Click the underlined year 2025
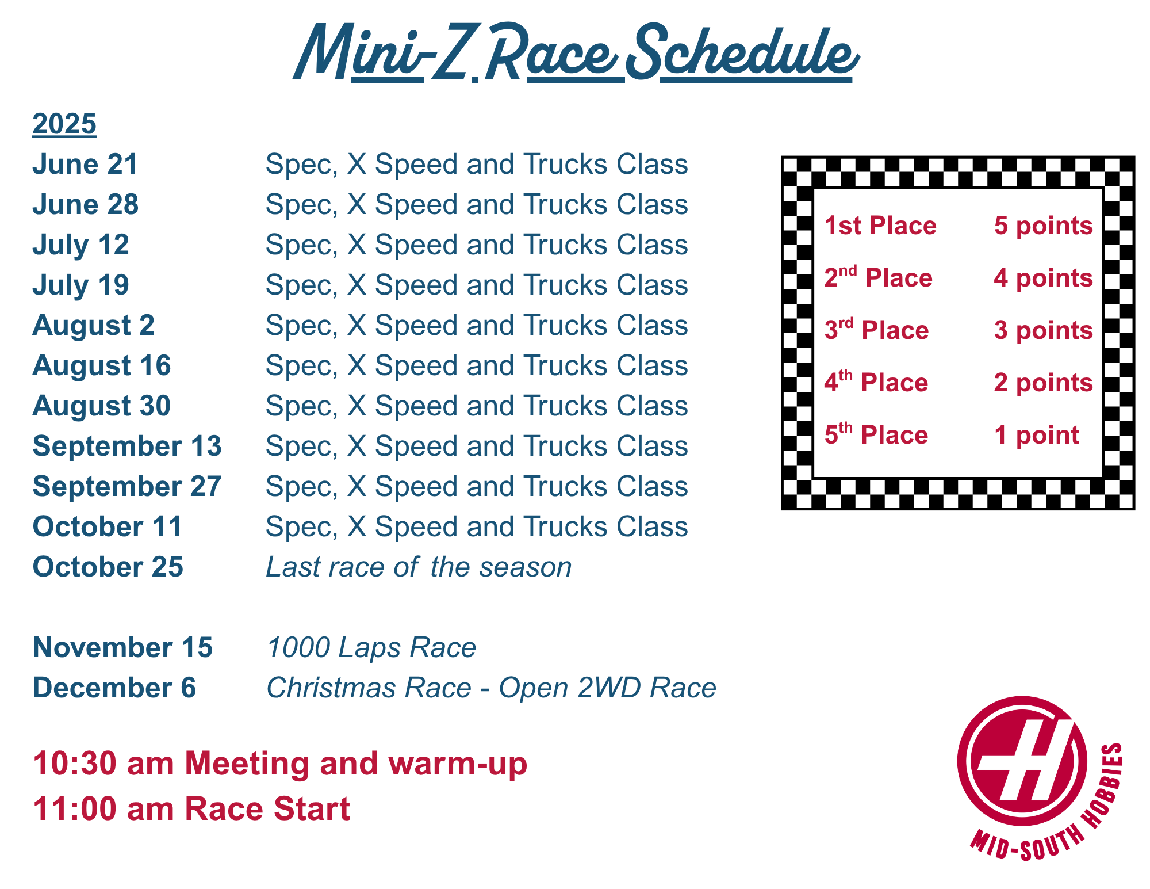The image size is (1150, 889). coord(64,124)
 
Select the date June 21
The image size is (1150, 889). coord(85,165)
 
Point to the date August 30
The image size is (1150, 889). coord(102,406)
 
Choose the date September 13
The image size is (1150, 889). coord(127,447)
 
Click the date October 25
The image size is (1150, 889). coord(108,567)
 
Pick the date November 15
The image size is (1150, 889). coord(123,648)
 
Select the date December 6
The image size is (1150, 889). coord(114,688)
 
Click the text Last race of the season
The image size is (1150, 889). coord(419,567)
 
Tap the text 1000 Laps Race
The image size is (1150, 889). coord(371,648)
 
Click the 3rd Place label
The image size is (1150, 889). coord(876,330)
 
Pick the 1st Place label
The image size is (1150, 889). coord(880,226)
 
